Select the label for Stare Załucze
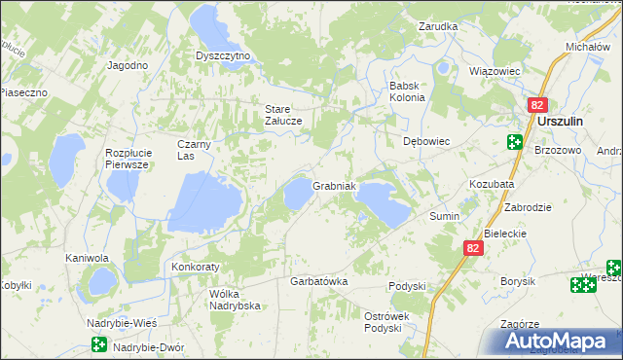point(284,114)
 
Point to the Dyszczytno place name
point(223,55)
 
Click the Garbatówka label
point(319,281)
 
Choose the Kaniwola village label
point(87,258)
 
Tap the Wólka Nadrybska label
point(236,298)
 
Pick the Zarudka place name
point(438,26)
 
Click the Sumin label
point(444,216)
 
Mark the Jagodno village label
point(128,65)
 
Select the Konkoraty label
point(196,266)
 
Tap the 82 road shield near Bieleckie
point(472,249)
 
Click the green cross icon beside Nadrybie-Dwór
point(98,344)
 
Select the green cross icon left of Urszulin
point(514,142)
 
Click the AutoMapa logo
point(562,341)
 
